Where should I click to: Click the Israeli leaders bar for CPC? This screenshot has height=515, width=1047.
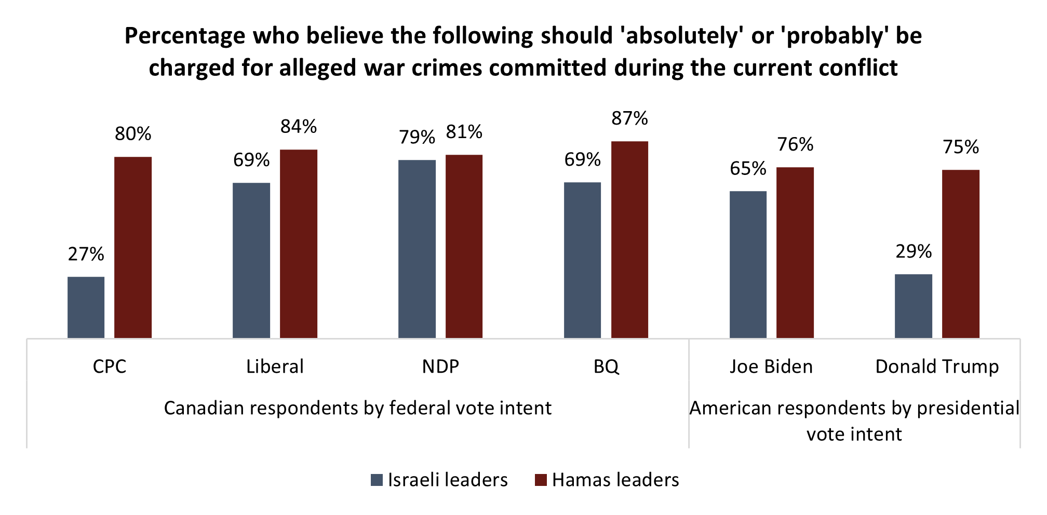click(86, 307)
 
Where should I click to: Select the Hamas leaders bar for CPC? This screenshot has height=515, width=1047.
click(133, 248)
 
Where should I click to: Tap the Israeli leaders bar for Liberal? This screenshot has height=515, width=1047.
click(251, 261)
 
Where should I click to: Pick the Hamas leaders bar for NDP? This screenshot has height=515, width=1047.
click(464, 247)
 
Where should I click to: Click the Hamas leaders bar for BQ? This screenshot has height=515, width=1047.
click(629, 240)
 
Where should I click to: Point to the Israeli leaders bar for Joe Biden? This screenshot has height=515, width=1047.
click(748, 265)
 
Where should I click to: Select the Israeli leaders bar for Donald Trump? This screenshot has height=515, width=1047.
click(914, 306)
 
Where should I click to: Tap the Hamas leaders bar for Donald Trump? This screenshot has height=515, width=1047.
click(961, 254)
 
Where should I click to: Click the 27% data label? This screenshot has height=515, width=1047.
click(86, 254)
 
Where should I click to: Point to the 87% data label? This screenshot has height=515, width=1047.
click(629, 118)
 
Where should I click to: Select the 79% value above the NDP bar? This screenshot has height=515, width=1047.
click(417, 137)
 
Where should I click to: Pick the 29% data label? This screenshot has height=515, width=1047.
click(914, 252)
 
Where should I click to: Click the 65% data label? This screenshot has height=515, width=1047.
click(748, 168)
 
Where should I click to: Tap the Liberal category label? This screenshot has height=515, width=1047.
click(275, 367)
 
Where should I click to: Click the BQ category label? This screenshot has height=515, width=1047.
click(606, 367)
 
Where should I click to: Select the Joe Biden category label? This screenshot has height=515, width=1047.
click(771, 367)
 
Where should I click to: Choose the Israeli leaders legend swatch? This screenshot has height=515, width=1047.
click(377, 480)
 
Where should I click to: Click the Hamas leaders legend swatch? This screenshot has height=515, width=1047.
click(541, 480)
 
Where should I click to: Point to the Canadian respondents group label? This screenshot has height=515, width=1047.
click(357, 408)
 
